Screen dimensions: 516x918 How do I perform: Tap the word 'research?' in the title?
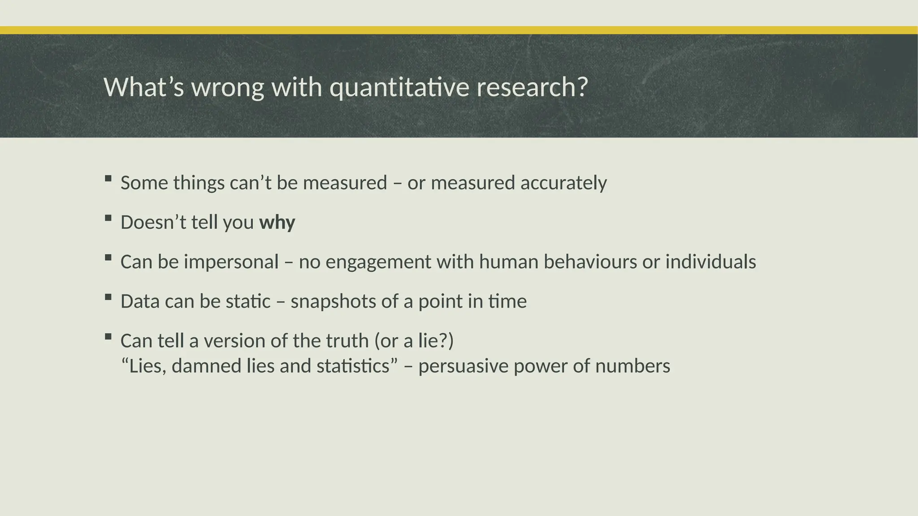click(532, 87)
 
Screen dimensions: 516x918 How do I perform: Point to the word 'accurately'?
click(563, 183)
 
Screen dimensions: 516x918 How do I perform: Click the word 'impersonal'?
click(231, 262)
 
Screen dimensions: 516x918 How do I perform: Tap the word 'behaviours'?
click(590, 262)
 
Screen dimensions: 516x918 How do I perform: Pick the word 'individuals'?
click(710, 262)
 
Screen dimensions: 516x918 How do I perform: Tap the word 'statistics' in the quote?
click(353, 366)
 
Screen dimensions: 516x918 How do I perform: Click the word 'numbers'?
click(632, 366)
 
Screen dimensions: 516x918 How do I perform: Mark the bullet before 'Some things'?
click(108, 178)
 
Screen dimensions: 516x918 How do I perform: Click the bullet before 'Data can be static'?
click(108, 297)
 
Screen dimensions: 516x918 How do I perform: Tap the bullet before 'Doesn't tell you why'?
click(108, 218)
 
